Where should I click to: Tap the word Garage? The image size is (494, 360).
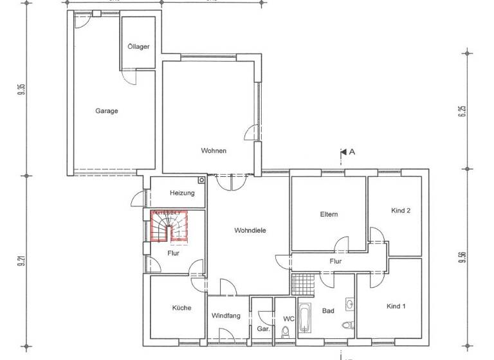(107, 111)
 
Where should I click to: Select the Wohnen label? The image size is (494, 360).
(213, 151)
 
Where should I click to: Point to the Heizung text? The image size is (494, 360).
(182, 193)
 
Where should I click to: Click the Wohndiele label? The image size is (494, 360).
(250, 230)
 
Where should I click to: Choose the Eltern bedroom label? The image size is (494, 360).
(329, 214)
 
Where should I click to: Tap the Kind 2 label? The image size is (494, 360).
(401, 210)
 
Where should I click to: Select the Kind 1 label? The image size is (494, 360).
(396, 306)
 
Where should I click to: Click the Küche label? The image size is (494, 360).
(181, 308)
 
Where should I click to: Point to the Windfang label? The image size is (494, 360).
(226, 316)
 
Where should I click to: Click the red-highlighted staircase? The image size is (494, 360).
(169, 226)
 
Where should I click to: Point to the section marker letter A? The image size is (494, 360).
(352, 152)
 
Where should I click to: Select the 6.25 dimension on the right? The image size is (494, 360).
(462, 110)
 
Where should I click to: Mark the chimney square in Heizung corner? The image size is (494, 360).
(201, 181)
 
